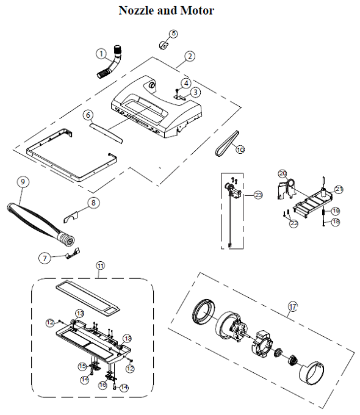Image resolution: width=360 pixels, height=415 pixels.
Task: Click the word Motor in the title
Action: coord(198,10)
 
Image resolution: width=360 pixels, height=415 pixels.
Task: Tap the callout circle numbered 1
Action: coord(100,53)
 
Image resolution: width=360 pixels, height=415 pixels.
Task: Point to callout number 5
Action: coord(173,34)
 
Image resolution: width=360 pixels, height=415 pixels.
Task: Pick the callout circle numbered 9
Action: coord(23,182)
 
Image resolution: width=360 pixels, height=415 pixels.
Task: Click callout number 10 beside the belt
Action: coord(240,149)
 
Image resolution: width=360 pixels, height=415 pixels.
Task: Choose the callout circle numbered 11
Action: coord(101,265)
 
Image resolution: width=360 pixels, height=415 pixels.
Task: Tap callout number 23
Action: coord(258,195)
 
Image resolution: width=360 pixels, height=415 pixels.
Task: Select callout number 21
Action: coord(339,189)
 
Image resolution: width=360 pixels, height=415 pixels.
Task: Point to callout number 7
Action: coord(43,258)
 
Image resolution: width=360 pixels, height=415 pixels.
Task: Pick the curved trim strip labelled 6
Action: coord(106,131)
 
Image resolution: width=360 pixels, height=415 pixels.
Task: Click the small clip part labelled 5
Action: coord(163,44)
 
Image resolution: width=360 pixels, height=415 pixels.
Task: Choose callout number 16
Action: coord(103,385)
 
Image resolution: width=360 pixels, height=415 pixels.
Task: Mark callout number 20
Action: coord(283,173)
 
